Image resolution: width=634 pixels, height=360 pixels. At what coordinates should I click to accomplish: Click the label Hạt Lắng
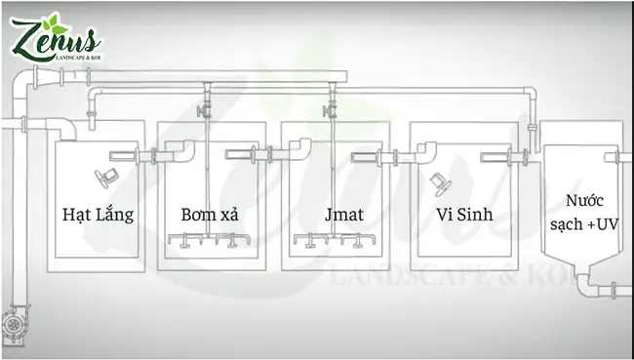[x=98, y=214]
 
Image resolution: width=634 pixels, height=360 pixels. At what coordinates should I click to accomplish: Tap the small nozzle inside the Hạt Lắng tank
[x=105, y=177]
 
